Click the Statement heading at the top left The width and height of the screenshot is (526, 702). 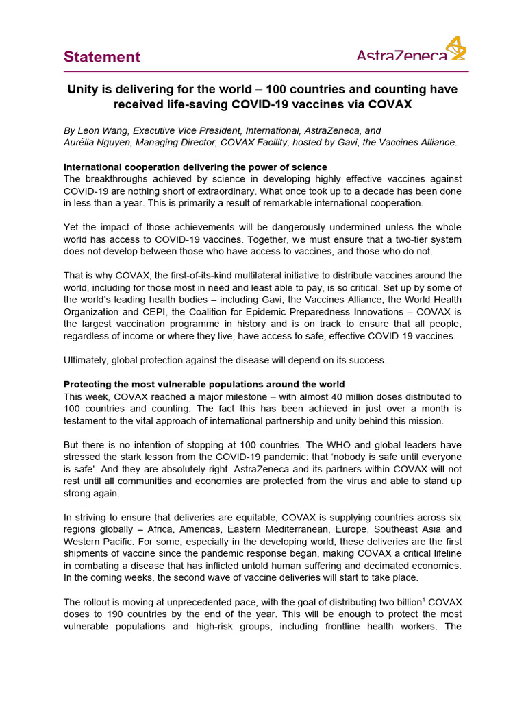point(102,57)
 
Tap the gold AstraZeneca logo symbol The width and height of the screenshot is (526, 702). point(456,49)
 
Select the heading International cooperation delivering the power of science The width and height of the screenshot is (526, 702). point(195,167)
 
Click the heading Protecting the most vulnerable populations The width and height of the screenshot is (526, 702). point(204,384)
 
